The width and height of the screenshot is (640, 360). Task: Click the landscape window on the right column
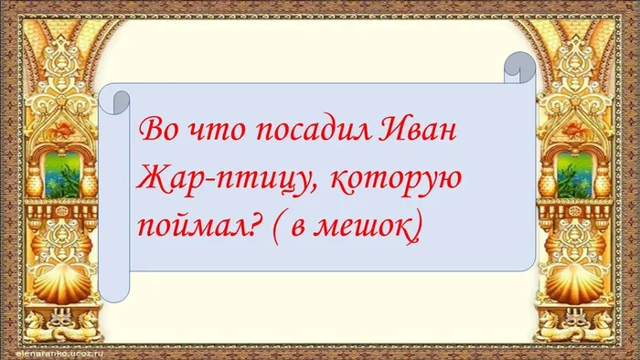[572, 171]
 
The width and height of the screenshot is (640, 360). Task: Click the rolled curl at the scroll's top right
[520, 67]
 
